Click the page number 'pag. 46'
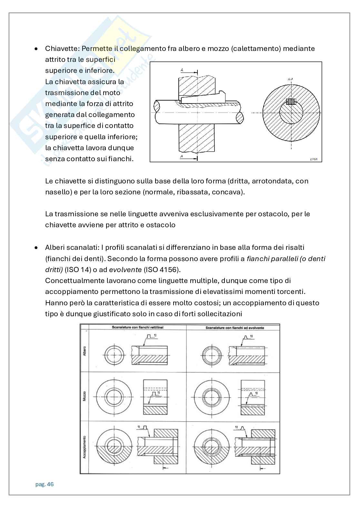tap(44, 485)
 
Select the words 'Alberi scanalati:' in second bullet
tap(72, 248)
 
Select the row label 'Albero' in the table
tap(85, 351)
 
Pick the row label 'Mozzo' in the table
tap(85, 396)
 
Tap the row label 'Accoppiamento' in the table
tap(85, 446)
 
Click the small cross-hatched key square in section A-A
tap(291, 102)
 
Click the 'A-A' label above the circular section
tap(290, 78)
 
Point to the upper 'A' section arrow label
tap(182, 70)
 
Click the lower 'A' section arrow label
tap(182, 156)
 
